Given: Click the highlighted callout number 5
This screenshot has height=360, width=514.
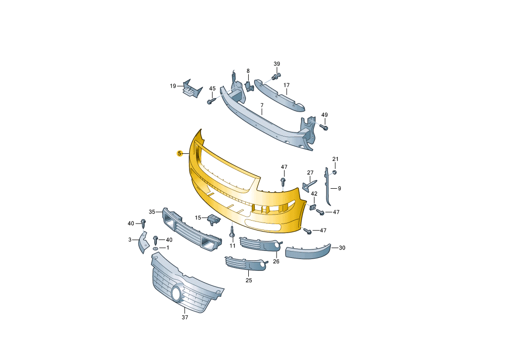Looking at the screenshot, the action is [179, 153].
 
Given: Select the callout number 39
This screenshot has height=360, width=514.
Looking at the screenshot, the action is [277, 64].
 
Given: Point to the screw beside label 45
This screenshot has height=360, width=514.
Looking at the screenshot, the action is [211, 101].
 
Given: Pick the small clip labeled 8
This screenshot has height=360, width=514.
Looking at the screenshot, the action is [249, 86].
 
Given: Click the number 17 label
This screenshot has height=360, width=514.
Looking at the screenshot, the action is [287, 85].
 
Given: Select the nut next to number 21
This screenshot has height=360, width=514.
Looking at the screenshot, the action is [335, 172].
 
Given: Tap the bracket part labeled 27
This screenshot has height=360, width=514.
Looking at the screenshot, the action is [309, 185].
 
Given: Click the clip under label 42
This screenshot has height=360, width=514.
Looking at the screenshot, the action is [312, 207].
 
